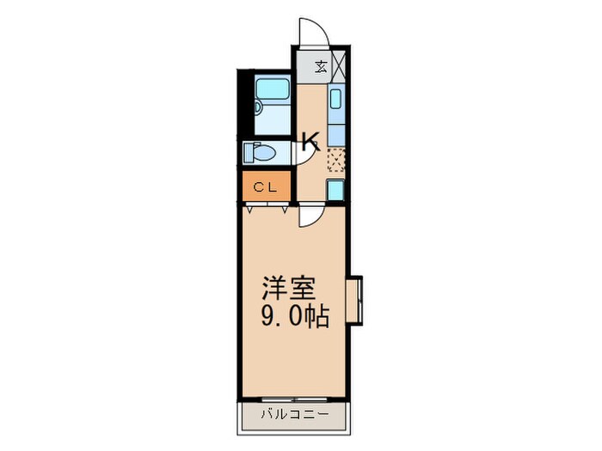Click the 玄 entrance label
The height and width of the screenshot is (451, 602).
point(320,66)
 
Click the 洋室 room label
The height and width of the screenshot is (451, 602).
point(286,288)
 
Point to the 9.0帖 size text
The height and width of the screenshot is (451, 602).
point(293,318)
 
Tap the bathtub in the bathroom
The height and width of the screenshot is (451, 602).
point(274,94)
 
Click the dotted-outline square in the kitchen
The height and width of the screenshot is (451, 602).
point(335,158)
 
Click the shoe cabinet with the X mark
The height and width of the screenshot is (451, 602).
point(338,66)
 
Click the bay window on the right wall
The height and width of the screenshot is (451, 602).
point(355,300)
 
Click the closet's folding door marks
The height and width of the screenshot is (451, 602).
point(265,207)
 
